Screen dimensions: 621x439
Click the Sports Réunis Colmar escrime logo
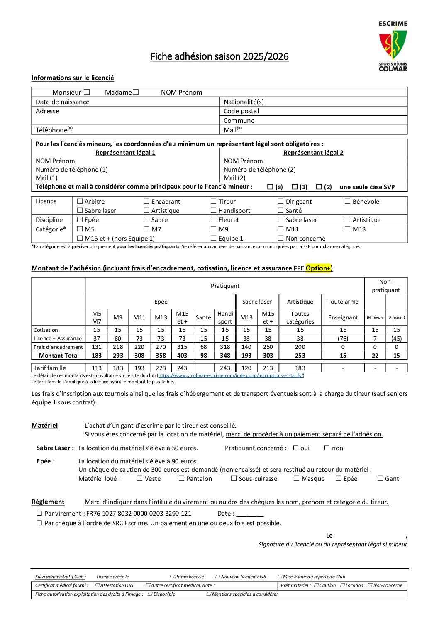click(393, 46)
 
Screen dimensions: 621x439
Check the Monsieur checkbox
click(87, 92)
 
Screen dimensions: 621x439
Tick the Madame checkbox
click(136, 92)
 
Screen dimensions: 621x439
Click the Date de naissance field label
click(63, 102)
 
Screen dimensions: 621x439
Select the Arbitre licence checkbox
click(80, 201)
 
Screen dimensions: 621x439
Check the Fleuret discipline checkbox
click(214, 219)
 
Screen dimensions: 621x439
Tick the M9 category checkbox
click(214, 229)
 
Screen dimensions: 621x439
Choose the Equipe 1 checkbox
click(214, 238)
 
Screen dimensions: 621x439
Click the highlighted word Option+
click(318, 268)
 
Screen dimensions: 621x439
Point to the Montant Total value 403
click(182, 356)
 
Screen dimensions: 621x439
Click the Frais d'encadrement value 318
click(225, 347)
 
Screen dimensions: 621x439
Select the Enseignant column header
click(343, 317)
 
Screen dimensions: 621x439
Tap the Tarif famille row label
click(50, 368)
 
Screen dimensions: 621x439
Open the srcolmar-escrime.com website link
click(231, 375)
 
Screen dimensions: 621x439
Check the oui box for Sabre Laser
click(296, 448)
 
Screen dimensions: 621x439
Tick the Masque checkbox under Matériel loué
click(296, 478)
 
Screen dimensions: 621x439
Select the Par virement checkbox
click(39, 513)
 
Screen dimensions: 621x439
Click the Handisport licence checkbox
click(214, 210)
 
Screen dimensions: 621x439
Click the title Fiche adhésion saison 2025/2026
click(219, 56)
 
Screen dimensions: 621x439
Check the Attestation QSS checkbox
click(98, 585)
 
